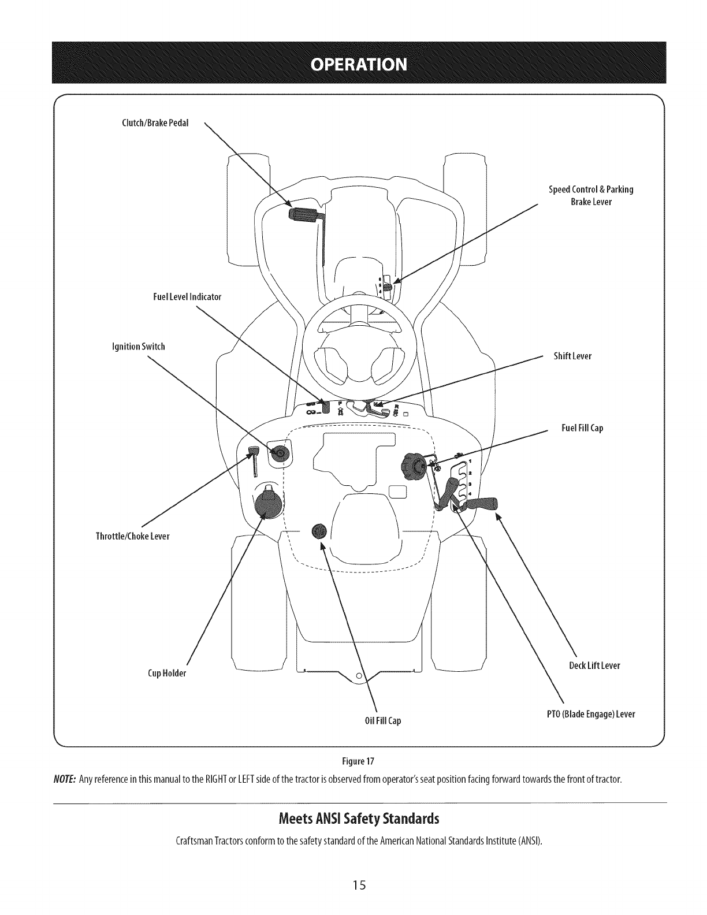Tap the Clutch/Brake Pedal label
155,122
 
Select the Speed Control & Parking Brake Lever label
591,195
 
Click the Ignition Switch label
138,347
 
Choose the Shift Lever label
572,356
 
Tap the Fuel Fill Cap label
582,428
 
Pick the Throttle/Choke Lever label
132,536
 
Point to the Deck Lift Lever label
594,665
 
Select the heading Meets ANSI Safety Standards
359,819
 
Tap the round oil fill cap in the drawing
319,531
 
